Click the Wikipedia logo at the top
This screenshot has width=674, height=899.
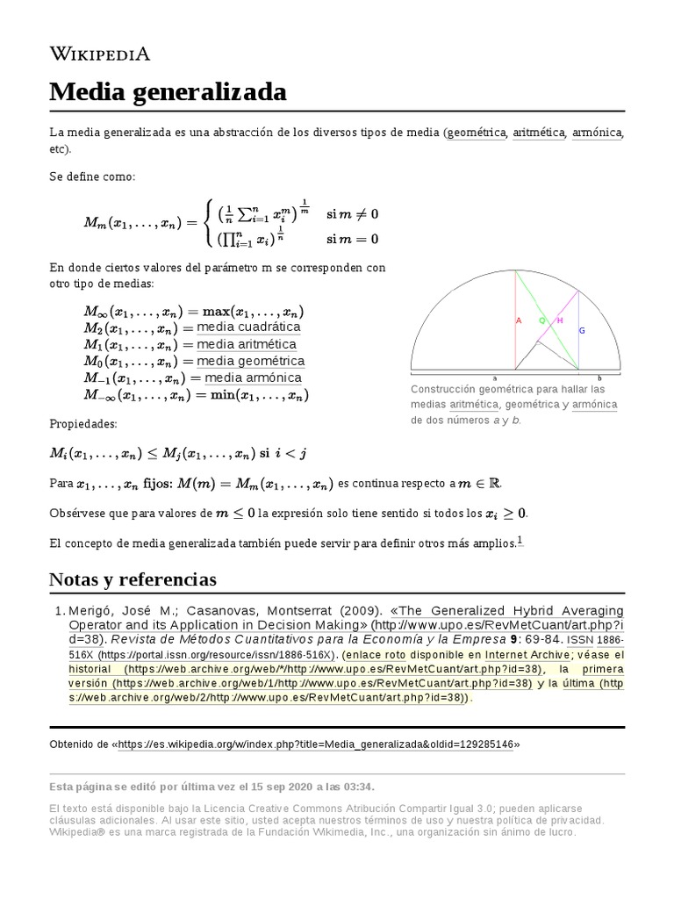click(x=100, y=54)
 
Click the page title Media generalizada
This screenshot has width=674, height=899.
click(x=168, y=90)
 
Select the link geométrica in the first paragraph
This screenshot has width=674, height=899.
click(x=476, y=133)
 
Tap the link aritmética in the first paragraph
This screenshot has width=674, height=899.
click(x=539, y=133)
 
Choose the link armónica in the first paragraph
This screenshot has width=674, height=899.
click(x=597, y=133)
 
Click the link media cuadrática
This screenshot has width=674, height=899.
click(x=248, y=327)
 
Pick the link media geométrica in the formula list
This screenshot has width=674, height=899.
click(x=251, y=361)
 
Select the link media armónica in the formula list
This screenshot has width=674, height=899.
click(x=253, y=378)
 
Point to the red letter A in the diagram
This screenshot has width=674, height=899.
click(x=519, y=320)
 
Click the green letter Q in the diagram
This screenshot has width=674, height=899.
click(x=542, y=320)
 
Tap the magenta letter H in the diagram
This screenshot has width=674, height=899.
click(x=561, y=320)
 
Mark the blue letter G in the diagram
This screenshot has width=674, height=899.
click(x=581, y=330)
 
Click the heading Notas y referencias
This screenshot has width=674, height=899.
click(x=133, y=579)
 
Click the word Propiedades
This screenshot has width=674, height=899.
click(x=82, y=424)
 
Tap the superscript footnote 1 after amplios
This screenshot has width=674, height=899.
click(x=520, y=541)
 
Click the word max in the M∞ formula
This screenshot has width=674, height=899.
click(x=216, y=312)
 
